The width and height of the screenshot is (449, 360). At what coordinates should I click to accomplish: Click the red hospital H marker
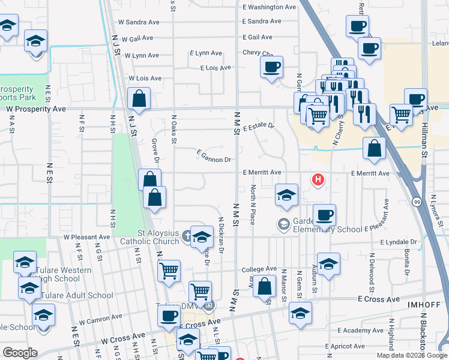pos(318,179)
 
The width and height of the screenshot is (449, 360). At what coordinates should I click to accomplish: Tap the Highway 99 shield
pos(417,202)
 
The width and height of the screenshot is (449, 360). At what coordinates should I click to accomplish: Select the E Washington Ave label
pos(270,7)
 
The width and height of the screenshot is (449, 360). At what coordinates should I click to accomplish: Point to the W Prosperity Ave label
pos(36,109)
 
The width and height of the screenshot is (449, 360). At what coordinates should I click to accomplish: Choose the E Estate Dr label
pos(259,127)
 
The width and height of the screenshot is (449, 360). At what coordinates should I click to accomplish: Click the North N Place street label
pos(254,205)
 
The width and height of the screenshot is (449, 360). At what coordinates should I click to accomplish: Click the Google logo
pos(19,352)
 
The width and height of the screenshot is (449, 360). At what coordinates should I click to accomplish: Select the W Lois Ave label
pos(145,79)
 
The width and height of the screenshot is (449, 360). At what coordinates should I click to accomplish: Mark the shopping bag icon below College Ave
pos(264,287)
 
